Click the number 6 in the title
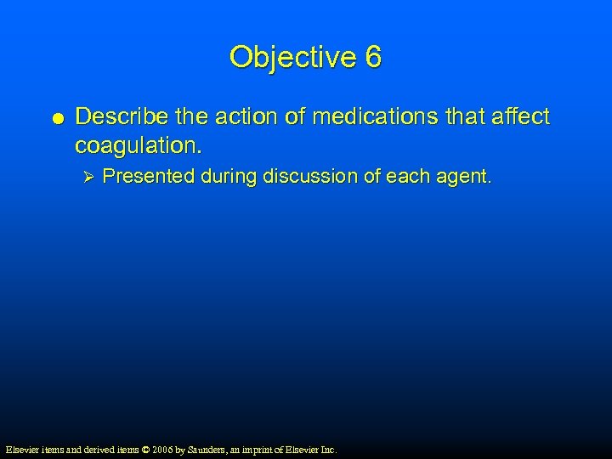pyautogui.click(x=373, y=58)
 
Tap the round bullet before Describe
pyautogui.click(x=52, y=117)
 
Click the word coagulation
pyautogui.click(x=139, y=145)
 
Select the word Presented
pyautogui.click(x=149, y=177)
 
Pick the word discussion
pyautogui.click(x=307, y=177)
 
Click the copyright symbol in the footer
pyautogui.click(x=145, y=449)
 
